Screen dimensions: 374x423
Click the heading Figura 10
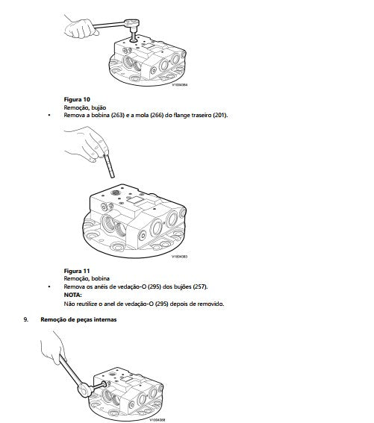(77, 99)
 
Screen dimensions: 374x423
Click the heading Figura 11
(77, 271)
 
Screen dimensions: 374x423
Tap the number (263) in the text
(118, 115)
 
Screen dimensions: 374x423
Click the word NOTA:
(72, 295)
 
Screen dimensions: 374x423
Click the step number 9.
(25, 319)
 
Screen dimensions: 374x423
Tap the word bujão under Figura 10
(99, 107)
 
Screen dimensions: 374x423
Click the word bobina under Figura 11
(100, 278)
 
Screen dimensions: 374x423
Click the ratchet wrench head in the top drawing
(132, 23)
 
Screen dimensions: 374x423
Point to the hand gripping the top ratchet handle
(80, 26)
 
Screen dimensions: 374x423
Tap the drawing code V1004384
(180, 85)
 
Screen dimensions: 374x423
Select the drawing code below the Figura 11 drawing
(180, 257)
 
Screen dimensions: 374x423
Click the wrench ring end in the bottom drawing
(84, 390)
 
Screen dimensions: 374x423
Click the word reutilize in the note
(88, 304)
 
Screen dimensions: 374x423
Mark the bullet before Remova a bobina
(49, 115)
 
